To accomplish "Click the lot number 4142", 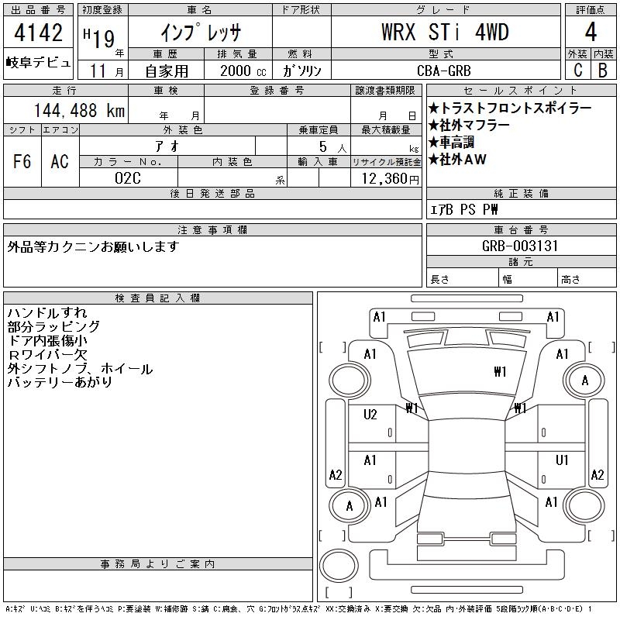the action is pyautogui.click(x=38, y=32).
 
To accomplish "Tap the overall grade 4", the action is pyautogui.click(x=591, y=32).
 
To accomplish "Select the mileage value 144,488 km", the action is pyautogui.click(x=79, y=110).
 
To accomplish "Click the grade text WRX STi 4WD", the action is pyautogui.click(x=445, y=32).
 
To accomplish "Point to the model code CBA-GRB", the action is pyautogui.click(x=444, y=71).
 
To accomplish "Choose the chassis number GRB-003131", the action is pyautogui.click(x=520, y=246).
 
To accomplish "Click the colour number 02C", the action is pyautogui.click(x=128, y=178).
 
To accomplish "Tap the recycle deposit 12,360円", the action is pyautogui.click(x=391, y=179).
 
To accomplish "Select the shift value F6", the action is pyautogui.click(x=22, y=161).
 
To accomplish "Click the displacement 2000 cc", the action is pyautogui.click(x=243, y=71).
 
